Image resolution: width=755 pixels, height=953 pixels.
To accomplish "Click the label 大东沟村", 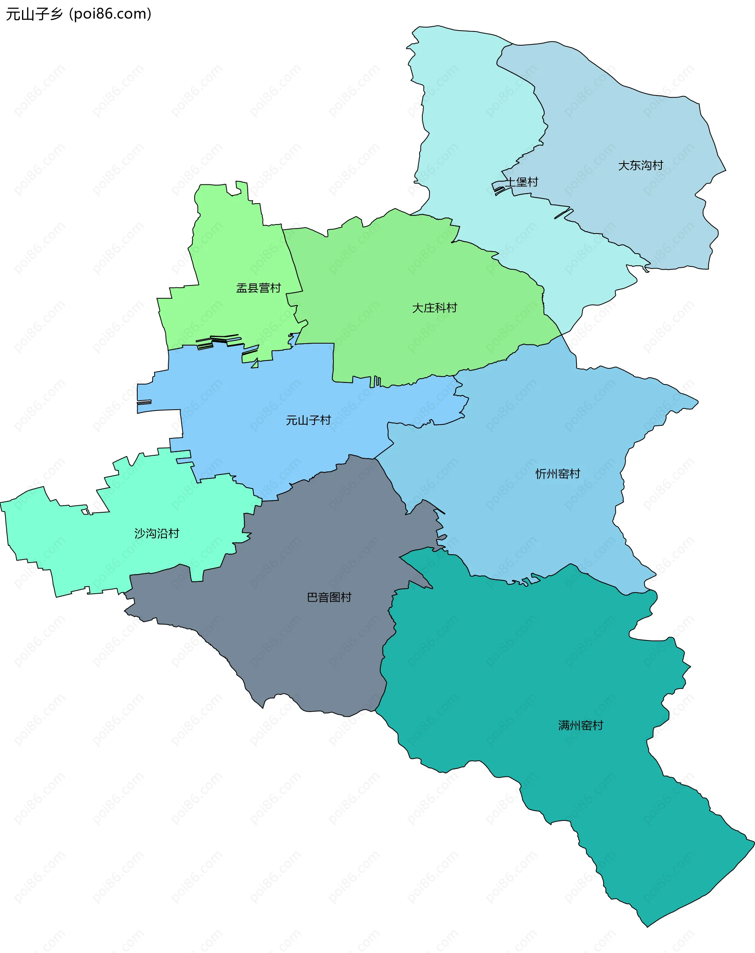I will pos(641,165).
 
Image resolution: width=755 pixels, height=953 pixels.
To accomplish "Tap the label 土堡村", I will pos(522,182).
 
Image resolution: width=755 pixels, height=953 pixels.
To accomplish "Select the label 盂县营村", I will pos(259,288).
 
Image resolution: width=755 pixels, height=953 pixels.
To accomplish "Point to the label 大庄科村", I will pos(435,308).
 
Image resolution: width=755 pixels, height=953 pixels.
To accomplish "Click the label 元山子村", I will pos(308,420).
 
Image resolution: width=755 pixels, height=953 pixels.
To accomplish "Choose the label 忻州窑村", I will pos(558,474).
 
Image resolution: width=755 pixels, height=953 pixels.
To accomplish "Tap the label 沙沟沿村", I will pos(157,534).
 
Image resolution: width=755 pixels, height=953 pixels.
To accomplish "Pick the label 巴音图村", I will pos(329,598).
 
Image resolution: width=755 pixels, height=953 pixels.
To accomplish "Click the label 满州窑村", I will pos(580,726).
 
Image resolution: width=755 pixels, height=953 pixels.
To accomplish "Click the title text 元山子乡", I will pos(35,14).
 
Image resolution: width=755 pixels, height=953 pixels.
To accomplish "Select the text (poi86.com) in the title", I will pos(110,14).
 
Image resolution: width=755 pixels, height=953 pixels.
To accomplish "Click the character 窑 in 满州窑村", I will pos(586,726).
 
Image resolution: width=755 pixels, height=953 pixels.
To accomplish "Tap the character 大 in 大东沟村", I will pos(624,165).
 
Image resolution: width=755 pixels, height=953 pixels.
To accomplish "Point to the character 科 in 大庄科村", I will pos(440,308).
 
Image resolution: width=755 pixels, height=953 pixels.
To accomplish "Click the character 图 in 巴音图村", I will pos(335,598).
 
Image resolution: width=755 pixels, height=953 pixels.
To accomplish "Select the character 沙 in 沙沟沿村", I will pos(140,534).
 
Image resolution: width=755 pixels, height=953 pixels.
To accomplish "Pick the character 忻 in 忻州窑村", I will pos(541,474).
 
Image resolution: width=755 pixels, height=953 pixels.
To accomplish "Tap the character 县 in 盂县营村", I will pos(253,288).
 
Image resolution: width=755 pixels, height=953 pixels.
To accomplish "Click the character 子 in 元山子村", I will pos(314,420).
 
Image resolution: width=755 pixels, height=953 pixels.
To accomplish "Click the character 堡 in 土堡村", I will pos(522,182).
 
